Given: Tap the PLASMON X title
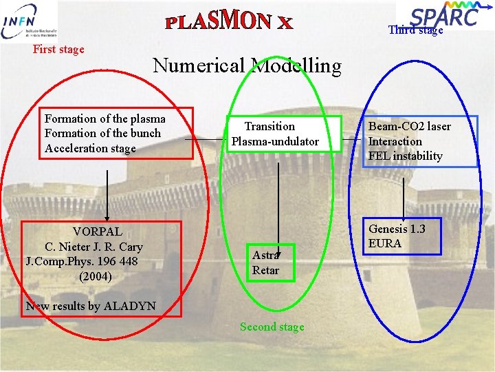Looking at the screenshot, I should (x=229, y=22).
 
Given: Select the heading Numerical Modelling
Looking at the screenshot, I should (x=247, y=65).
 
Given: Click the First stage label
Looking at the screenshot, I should (x=58, y=49).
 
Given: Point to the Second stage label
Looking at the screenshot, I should (x=272, y=327).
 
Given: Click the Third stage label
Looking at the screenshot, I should (x=415, y=30).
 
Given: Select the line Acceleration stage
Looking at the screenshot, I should (x=90, y=148).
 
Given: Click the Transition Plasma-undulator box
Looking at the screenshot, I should (x=275, y=134).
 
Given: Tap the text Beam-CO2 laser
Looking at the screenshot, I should (x=410, y=126).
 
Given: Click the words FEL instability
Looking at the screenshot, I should (x=406, y=156).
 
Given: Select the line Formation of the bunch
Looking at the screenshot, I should (x=102, y=134).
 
